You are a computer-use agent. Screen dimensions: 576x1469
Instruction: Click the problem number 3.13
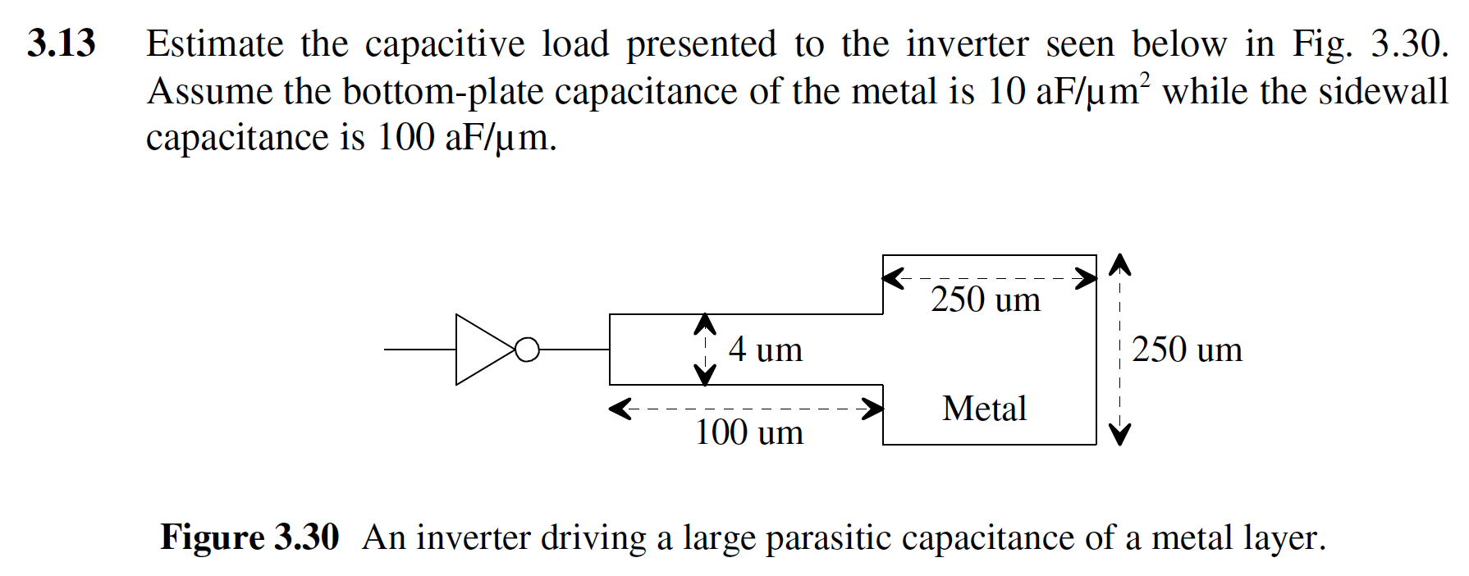point(62,43)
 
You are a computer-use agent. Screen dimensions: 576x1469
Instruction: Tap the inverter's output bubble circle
point(528,350)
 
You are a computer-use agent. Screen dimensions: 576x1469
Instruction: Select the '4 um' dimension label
point(765,350)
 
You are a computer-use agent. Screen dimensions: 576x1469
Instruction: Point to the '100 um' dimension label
point(748,432)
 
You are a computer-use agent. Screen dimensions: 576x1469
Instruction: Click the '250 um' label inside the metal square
point(985,299)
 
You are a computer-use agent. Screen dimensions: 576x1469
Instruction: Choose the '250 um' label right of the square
point(1187,350)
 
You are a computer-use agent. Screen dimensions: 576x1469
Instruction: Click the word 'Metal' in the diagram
point(984,409)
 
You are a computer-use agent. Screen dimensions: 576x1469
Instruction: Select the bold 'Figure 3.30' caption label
point(249,537)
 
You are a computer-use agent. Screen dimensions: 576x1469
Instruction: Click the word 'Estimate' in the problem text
point(215,43)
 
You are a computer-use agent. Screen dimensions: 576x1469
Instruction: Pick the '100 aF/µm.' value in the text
point(466,138)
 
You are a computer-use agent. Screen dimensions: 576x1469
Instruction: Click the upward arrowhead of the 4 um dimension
point(705,325)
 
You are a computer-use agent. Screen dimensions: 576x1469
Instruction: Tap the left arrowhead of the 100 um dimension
point(620,409)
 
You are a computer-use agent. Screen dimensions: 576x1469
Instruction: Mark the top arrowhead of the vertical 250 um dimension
point(1119,264)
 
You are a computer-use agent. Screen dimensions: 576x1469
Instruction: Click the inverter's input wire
point(419,350)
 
